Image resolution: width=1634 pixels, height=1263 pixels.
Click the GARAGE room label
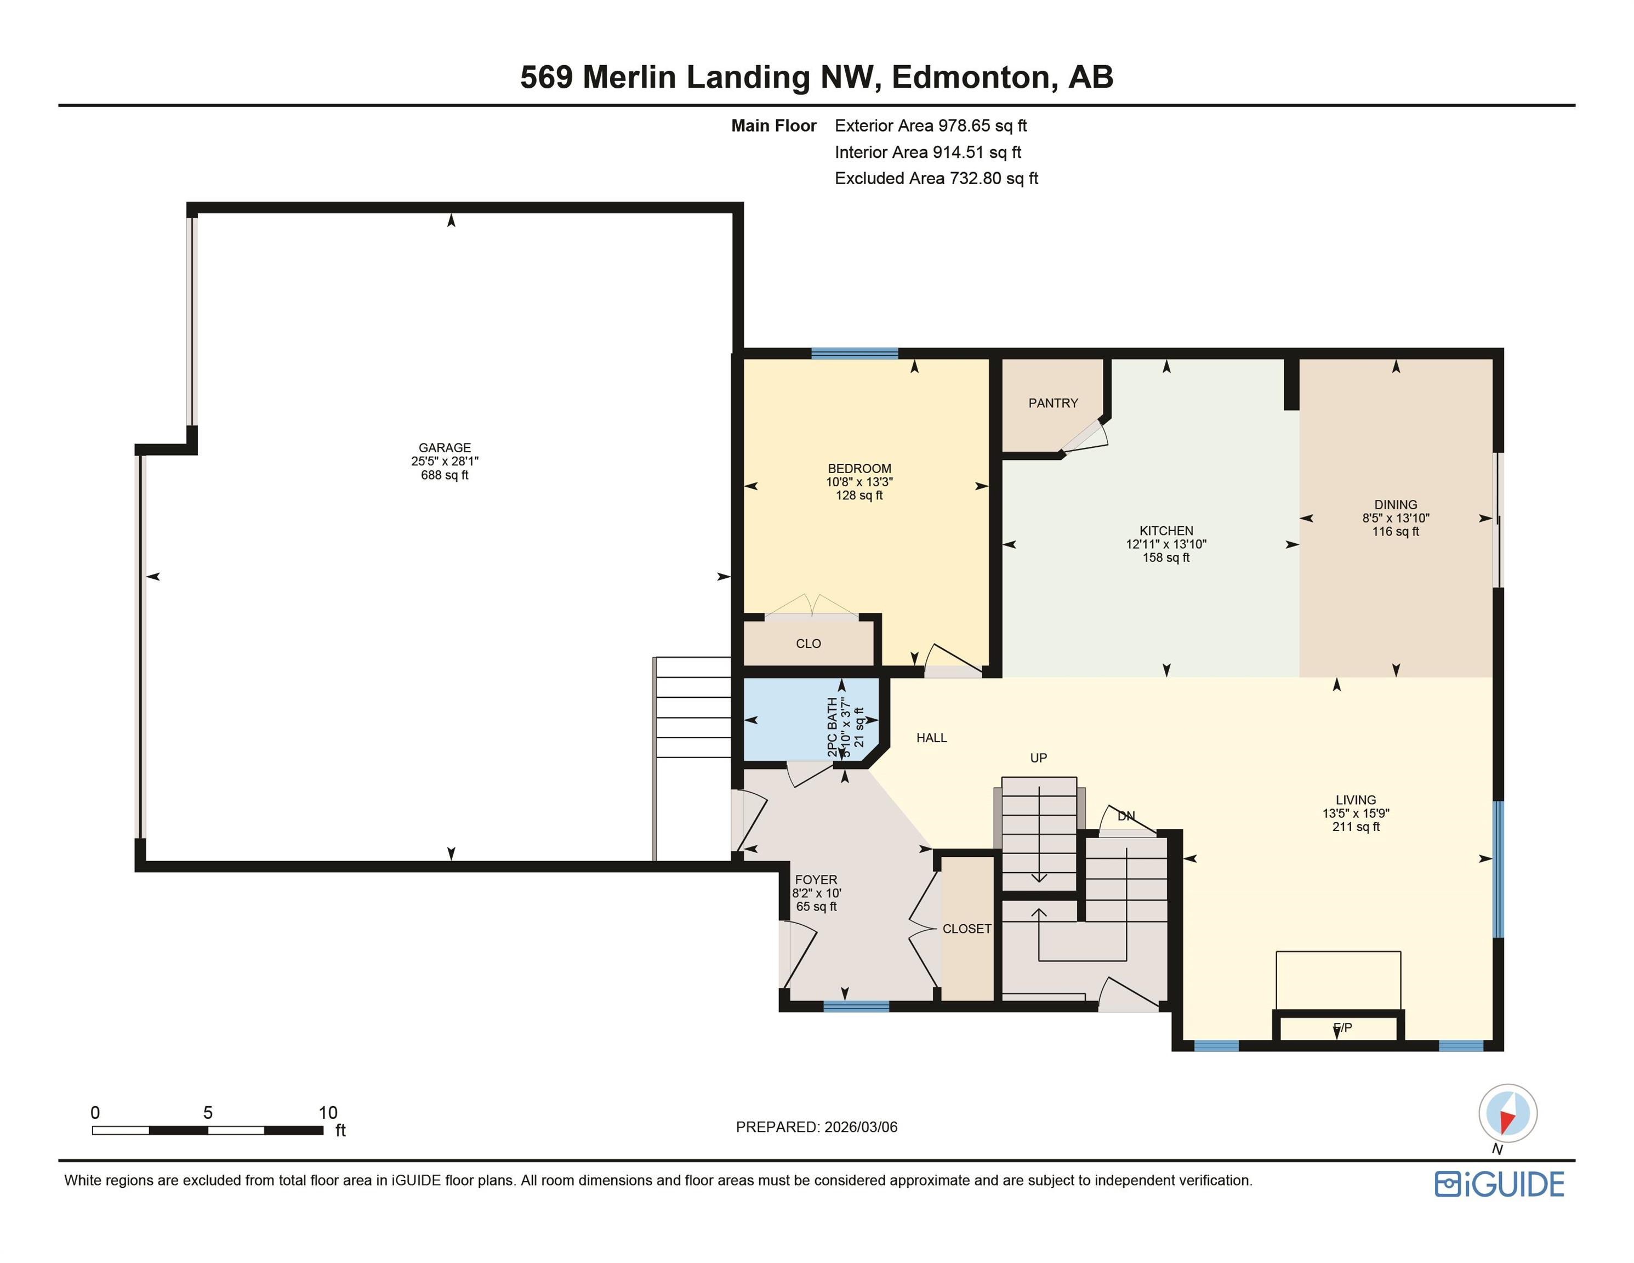pyautogui.click(x=445, y=447)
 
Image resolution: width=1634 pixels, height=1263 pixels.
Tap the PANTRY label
pyautogui.click(x=1052, y=403)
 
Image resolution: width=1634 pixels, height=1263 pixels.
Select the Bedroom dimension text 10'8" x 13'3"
pyautogui.click(x=859, y=482)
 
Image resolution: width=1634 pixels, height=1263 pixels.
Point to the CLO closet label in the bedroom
pyautogui.click(x=808, y=644)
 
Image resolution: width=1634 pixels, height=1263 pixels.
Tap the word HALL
pyautogui.click(x=931, y=738)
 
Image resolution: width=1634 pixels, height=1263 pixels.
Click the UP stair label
pyautogui.click(x=1039, y=758)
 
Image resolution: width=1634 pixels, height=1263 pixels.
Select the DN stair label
pyautogui.click(x=1126, y=816)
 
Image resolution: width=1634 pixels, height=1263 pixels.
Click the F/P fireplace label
pyautogui.click(x=1343, y=1028)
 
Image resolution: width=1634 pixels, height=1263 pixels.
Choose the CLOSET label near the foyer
pyautogui.click(x=966, y=929)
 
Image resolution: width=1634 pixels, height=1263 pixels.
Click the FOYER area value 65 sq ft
pyautogui.click(x=816, y=907)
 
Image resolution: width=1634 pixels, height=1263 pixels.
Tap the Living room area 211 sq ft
pyautogui.click(x=1356, y=827)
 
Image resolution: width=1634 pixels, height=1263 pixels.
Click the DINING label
pyautogui.click(x=1396, y=505)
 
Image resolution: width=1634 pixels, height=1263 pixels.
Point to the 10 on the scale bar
pyautogui.click(x=328, y=1113)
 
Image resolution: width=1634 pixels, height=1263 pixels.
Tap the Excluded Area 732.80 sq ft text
pyautogui.click(x=936, y=179)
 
